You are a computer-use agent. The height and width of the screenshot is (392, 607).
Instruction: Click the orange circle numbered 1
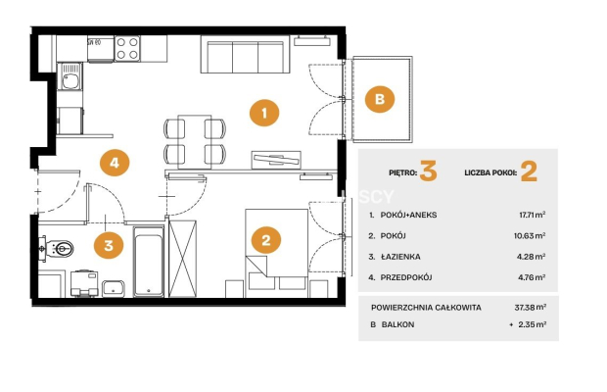[264, 113]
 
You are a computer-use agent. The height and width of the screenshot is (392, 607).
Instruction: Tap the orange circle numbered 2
[266, 240]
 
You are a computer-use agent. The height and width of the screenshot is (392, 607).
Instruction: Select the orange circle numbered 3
[109, 245]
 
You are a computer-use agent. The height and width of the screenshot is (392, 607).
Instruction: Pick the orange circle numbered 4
[115, 163]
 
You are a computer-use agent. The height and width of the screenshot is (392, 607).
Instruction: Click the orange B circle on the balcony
[380, 99]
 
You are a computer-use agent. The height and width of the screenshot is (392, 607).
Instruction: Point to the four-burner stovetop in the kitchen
[127, 48]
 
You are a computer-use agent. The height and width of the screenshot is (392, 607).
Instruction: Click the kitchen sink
[70, 77]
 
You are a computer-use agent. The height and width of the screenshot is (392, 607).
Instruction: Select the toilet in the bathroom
[57, 248]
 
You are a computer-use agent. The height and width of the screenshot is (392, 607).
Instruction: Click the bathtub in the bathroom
[149, 262]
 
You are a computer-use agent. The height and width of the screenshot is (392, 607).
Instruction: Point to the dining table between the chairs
[195, 142]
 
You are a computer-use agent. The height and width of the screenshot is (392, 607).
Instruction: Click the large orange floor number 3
[428, 171]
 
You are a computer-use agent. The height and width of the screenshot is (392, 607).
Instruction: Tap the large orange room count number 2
[529, 171]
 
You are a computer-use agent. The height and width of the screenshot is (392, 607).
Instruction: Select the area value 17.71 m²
[533, 215]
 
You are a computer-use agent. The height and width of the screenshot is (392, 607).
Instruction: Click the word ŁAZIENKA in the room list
[400, 257]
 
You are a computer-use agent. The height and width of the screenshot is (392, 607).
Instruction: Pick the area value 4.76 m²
[532, 277]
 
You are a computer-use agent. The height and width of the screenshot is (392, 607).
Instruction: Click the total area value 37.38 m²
[531, 308]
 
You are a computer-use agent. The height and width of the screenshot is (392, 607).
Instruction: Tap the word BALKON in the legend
[397, 324]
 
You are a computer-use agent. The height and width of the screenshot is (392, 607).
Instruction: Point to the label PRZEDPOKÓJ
[406, 277]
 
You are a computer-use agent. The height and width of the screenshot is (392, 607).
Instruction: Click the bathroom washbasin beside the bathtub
[113, 288]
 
